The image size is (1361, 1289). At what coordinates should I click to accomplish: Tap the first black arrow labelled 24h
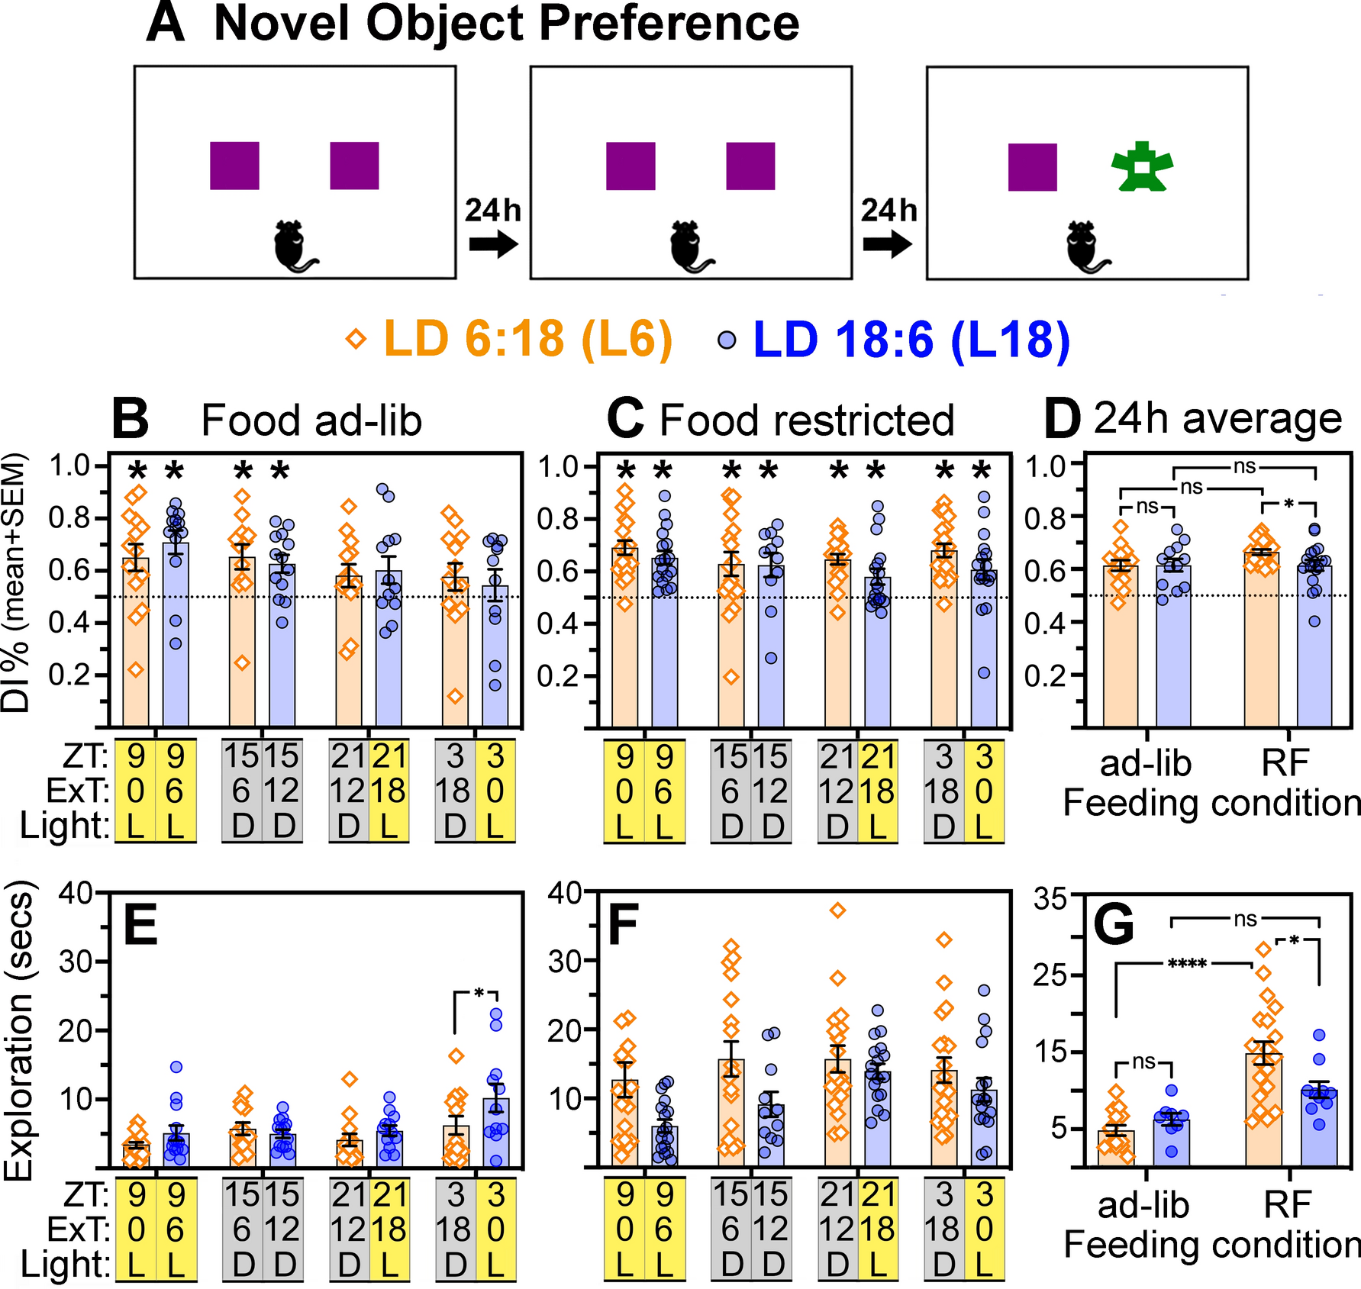[493, 244]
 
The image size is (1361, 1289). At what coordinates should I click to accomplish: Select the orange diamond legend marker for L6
[356, 338]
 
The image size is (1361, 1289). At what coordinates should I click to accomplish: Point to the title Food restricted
[806, 420]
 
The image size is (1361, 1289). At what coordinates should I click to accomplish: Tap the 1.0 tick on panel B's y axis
[69, 465]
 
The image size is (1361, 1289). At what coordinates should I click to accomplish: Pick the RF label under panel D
[1285, 762]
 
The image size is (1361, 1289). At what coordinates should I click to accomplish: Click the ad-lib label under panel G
[1143, 1205]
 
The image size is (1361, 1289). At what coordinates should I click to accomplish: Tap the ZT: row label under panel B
[85, 756]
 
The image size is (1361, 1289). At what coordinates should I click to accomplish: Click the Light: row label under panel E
[64, 1265]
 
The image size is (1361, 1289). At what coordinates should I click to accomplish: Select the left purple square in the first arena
[234, 165]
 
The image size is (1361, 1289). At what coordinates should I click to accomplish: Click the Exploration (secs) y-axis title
[20, 1030]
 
